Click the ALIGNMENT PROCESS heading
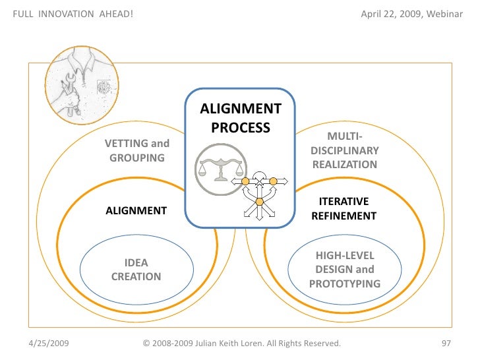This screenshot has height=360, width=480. (240, 118)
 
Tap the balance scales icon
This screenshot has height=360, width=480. (221, 169)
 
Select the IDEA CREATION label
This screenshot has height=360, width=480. (136, 270)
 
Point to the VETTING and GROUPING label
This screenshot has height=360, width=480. (137, 150)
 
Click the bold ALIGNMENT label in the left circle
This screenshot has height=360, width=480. (136, 211)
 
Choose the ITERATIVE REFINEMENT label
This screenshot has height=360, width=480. (344, 208)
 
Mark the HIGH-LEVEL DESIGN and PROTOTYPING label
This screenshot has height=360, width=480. (344, 270)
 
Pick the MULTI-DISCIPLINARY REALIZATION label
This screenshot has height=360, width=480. (344, 150)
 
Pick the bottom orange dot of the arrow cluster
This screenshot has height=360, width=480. (259, 201)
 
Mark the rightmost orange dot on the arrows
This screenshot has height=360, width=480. (273, 181)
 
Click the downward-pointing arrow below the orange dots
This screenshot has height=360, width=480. (259, 214)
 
